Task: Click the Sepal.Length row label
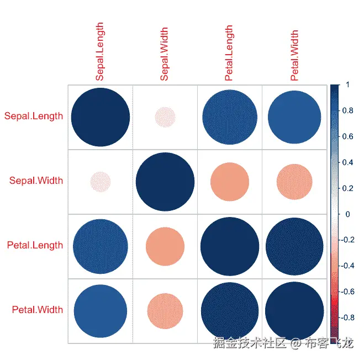(33, 117)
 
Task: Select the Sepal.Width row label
(36, 181)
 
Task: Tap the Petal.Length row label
(35, 245)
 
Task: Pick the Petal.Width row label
(37, 310)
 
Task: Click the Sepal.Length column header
(100, 52)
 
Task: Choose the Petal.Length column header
(229, 53)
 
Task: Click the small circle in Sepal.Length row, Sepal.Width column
(165, 117)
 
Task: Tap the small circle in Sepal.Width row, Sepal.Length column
(100, 181)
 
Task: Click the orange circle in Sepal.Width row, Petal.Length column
(229, 181)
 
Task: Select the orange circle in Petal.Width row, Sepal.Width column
(165, 310)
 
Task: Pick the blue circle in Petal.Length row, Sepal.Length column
(100, 246)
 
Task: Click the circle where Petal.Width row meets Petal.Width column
(294, 310)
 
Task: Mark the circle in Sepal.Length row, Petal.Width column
(294, 117)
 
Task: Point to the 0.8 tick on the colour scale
(347, 111)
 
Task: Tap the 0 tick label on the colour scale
(347, 214)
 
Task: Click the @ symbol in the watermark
(297, 343)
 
